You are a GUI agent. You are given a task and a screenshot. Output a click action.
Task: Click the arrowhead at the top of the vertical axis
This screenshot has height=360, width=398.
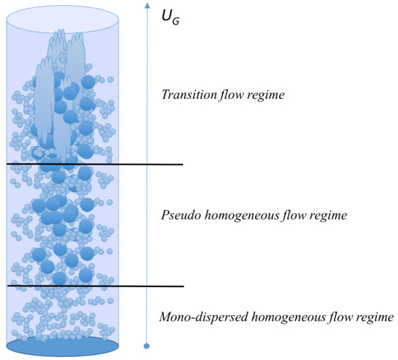click(x=147, y=8)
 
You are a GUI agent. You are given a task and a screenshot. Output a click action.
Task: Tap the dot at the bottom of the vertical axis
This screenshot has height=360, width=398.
click(x=147, y=346)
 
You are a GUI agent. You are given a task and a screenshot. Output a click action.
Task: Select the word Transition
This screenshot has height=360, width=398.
click(x=186, y=94)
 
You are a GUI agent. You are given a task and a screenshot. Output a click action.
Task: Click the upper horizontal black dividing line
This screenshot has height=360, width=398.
click(x=94, y=165)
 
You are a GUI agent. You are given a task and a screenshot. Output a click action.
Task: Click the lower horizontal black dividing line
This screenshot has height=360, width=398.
click(x=94, y=286)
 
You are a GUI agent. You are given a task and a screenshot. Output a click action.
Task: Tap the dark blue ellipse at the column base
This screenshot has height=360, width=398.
click(x=62, y=346)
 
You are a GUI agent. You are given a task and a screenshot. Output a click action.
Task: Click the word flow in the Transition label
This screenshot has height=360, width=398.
click(x=229, y=94)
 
